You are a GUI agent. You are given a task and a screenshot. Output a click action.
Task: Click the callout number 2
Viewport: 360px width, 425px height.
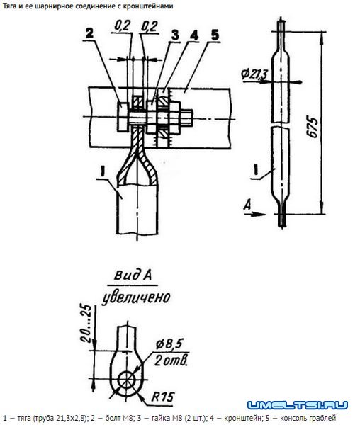[x=89, y=33]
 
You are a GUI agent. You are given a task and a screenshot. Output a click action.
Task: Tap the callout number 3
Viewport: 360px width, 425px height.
[x=175, y=35]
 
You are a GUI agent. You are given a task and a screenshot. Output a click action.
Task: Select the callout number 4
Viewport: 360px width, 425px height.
[x=194, y=35]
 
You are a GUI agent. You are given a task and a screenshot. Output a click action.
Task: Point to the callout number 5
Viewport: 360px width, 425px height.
[x=215, y=35]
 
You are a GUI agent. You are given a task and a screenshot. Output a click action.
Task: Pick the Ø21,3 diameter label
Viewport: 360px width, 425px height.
[x=254, y=74]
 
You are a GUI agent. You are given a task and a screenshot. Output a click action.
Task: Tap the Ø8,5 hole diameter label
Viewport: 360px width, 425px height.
[x=169, y=344]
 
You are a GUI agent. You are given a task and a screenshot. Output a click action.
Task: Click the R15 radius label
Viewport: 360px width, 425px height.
[x=162, y=397]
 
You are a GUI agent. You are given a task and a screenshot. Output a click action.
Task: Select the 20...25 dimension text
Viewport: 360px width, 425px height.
[x=86, y=324]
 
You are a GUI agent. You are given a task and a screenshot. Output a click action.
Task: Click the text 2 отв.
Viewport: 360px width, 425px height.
[x=171, y=361]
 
